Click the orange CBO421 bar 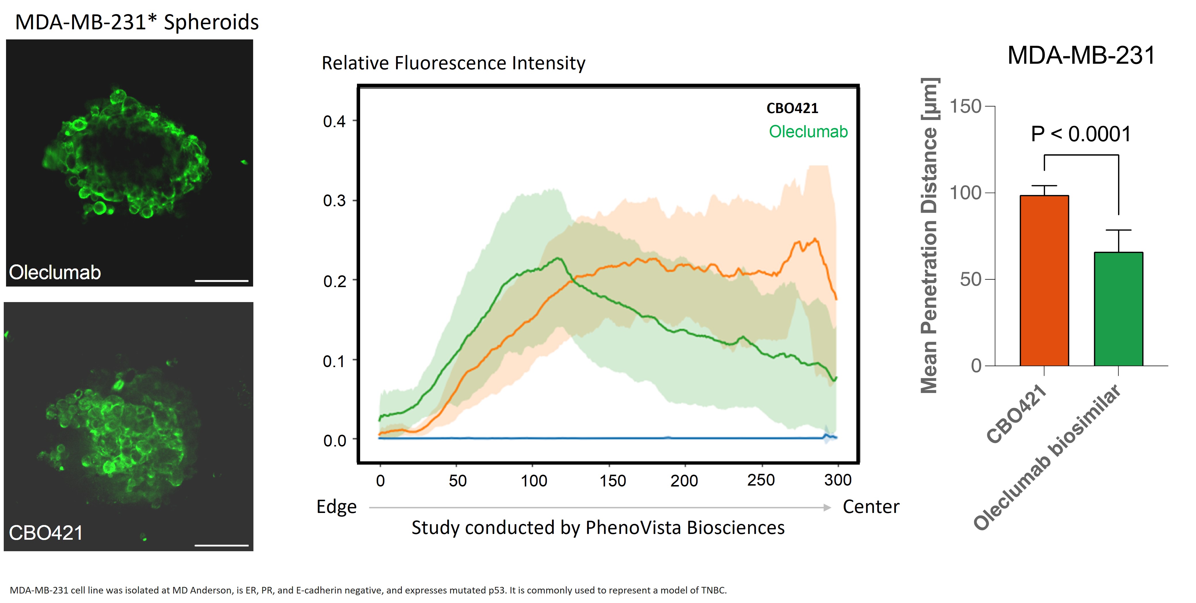coord(1044,280)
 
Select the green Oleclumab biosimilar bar coord(1118,309)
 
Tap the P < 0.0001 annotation coord(1081,134)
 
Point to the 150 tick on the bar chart coord(965,106)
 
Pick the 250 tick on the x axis coord(761,480)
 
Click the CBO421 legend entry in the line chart coord(792,108)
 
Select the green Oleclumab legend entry coord(808,132)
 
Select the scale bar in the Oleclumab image coord(221,281)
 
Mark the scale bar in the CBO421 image coord(221,545)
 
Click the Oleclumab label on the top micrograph coord(55,272)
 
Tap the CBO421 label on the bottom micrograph coord(45,533)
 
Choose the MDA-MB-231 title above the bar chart coord(1081,56)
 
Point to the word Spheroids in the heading coord(211,22)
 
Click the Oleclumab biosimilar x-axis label coord(1047,457)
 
